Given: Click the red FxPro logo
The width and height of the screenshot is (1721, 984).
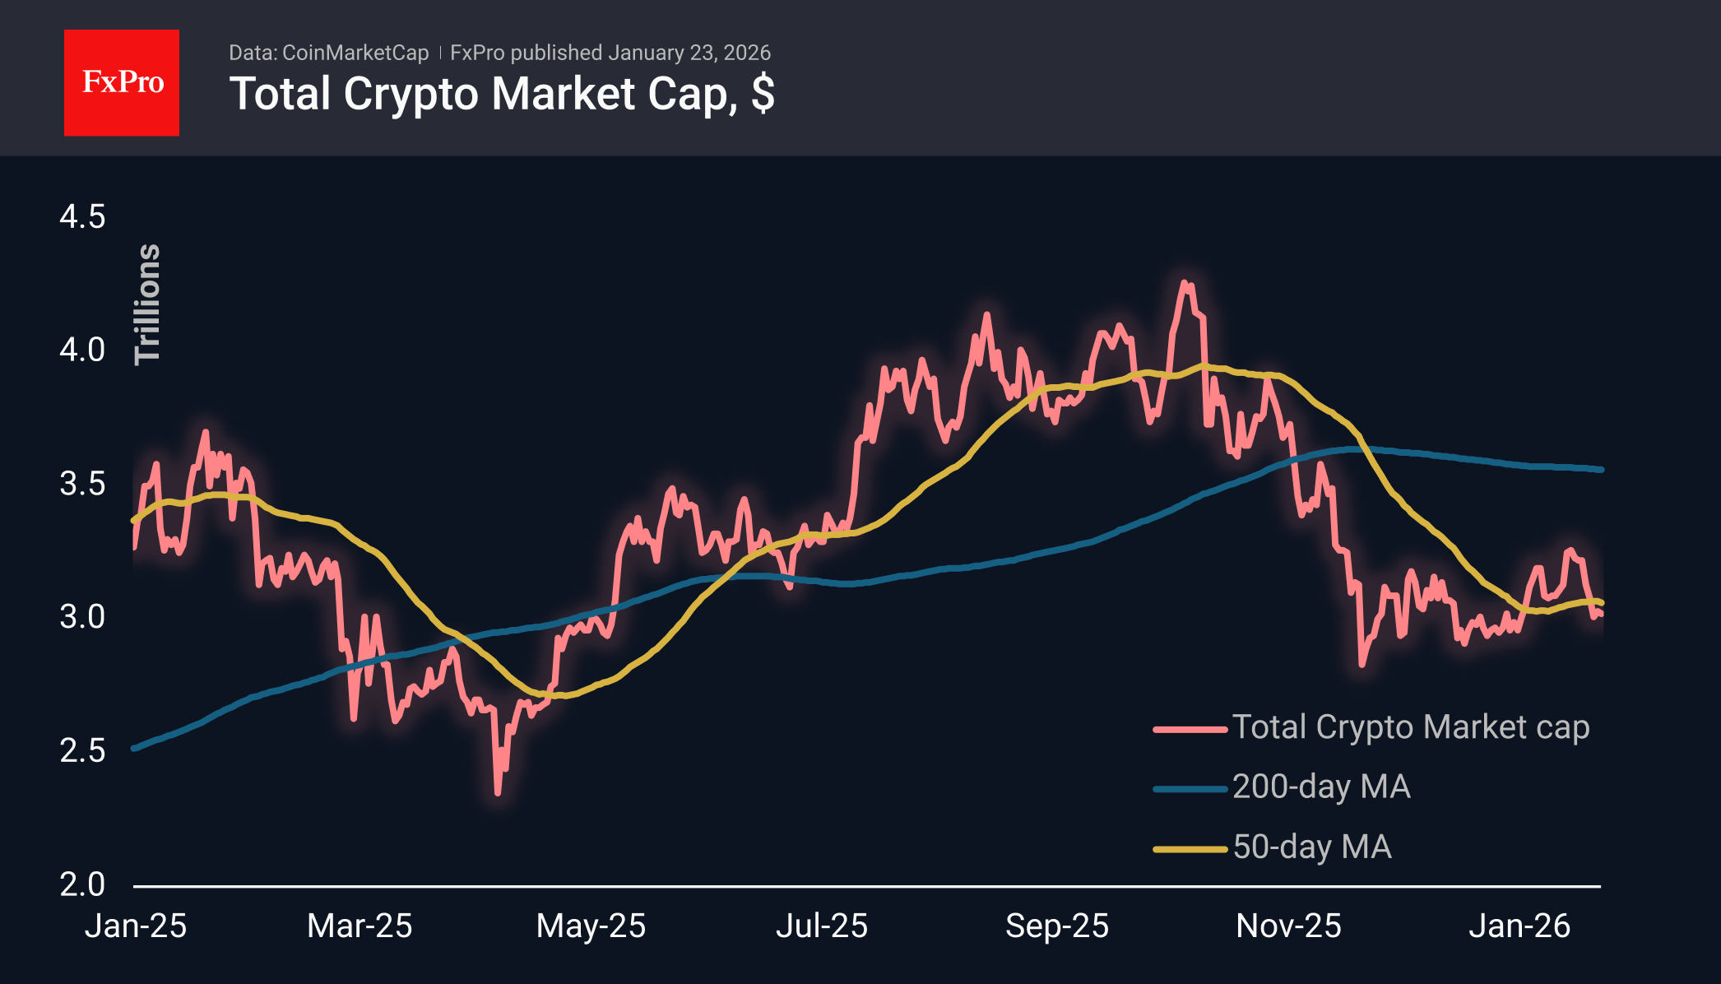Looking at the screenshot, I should click(x=122, y=82).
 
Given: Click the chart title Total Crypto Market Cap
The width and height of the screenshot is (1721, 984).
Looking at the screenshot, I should click(x=501, y=94).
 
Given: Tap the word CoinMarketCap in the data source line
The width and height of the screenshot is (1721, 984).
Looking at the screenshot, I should click(x=355, y=53).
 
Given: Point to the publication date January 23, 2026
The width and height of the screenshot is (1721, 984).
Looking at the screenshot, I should click(x=689, y=53).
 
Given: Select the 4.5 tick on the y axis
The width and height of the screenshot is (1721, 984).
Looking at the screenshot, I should click(x=82, y=217).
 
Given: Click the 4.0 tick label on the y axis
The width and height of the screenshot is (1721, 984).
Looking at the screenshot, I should click(x=82, y=350).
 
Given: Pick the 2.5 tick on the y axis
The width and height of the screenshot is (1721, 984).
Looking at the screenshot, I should click(x=82, y=750).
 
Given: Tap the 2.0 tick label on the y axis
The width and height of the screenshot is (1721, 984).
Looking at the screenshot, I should click(x=82, y=884).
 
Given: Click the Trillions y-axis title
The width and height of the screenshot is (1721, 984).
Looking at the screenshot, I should click(x=148, y=304).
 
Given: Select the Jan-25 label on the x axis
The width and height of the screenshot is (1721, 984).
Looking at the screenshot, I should click(x=136, y=926).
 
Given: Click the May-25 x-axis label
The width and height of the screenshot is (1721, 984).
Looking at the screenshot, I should click(x=591, y=926).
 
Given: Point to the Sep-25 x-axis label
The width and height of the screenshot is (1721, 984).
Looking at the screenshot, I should click(x=1057, y=926).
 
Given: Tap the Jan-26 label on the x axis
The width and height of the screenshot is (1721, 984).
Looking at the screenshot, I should click(x=1519, y=926).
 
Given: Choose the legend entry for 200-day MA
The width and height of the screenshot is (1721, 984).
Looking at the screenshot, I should click(x=1320, y=787).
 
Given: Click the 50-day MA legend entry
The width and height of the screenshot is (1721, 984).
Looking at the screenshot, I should click(x=1311, y=847).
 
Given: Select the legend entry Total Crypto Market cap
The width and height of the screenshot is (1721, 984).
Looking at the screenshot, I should click(x=1410, y=727).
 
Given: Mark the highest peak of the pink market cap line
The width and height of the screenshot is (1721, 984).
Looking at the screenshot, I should click(x=1185, y=283).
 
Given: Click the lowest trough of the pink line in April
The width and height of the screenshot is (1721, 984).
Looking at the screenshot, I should click(x=498, y=792).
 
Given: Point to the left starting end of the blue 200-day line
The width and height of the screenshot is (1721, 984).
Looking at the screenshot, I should click(x=134, y=749).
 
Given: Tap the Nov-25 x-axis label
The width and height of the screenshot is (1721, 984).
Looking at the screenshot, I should click(x=1288, y=926).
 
